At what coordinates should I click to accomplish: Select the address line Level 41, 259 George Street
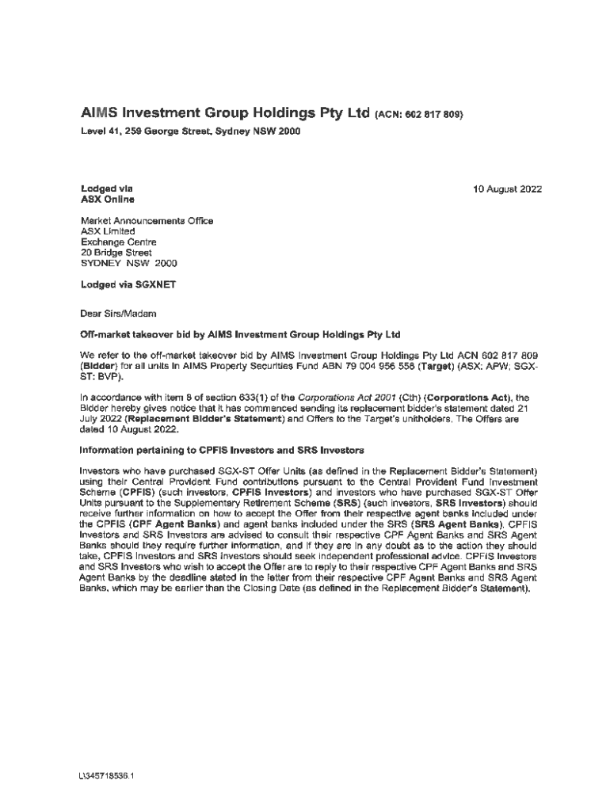[x=190, y=131]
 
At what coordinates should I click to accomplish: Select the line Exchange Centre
[x=119, y=242]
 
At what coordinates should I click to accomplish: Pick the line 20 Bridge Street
[x=116, y=252]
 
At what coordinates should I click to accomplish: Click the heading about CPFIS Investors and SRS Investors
[x=222, y=450]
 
